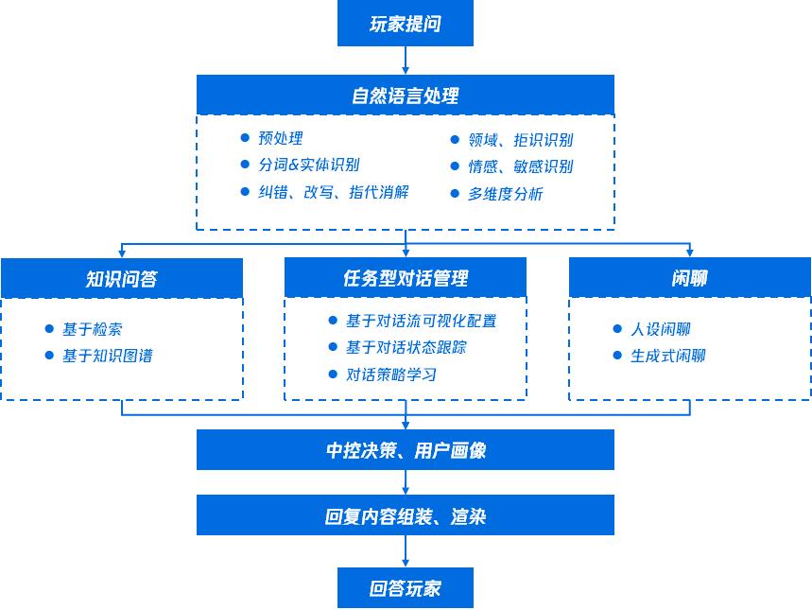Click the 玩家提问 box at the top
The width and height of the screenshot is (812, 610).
(x=405, y=25)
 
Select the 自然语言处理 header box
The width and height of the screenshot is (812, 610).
(x=405, y=96)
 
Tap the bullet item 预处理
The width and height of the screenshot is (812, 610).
(x=281, y=139)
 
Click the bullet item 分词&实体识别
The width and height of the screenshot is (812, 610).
(x=308, y=166)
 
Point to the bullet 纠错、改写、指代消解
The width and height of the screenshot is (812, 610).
(x=333, y=192)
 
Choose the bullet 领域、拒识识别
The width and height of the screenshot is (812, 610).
(x=520, y=140)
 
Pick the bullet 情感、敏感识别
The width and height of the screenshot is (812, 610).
(x=520, y=166)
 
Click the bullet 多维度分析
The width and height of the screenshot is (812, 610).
(x=505, y=194)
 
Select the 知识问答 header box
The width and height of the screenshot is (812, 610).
(x=122, y=278)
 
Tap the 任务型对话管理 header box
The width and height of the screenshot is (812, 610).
(x=406, y=278)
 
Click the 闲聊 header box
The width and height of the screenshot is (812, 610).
(x=689, y=278)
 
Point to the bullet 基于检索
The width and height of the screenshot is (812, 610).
(x=92, y=329)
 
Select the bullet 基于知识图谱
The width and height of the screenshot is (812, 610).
(x=107, y=356)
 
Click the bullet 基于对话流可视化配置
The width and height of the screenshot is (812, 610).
(x=421, y=321)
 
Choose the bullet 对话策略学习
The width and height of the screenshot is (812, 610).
(x=390, y=375)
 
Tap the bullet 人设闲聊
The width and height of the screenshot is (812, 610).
(x=660, y=329)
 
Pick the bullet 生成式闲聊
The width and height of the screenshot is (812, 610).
(x=667, y=356)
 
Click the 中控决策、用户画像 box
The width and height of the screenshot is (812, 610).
(x=405, y=450)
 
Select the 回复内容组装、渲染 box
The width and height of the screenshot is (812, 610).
(x=405, y=516)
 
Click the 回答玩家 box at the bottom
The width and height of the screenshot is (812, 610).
(x=405, y=588)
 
